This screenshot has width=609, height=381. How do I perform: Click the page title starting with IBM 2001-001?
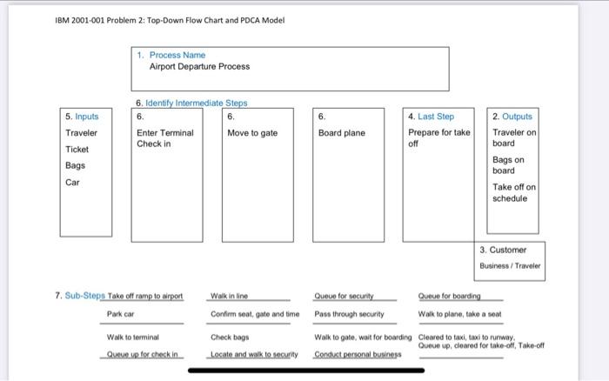pyautogui.click(x=169, y=20)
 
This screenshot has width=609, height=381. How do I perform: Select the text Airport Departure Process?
pyautogui.click(x=199, y=66)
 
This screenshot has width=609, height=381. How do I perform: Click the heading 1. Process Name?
pyautogui.click(x=177, y=55)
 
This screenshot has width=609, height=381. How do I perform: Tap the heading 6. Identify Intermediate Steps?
pyautogui.click(x=191, y=103)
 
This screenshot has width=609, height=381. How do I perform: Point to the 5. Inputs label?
pyautogui.click(x=82, y=116)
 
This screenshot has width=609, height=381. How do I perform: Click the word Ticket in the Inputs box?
pyautogui.click(x=78, y=149)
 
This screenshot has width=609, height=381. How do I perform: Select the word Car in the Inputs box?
pyautogui.click(x=73, y=182)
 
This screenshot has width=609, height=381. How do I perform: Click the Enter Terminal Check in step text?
pyautogui.click(x=164, y=137)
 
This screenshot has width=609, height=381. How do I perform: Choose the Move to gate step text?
pyautogui.click(x=252, y=132)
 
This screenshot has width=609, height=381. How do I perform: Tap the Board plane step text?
pyautogui.click(x=342, y=132)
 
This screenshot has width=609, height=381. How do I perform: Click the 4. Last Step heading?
pyautogui.click(x=431, y=116)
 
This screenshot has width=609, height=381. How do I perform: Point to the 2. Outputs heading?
pyautogui.click(x=512, y=116)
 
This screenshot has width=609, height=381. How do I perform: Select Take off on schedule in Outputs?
pyautogui.click(x=514, y=192)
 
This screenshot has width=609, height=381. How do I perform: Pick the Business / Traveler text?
pyautogui.click(x=510, y=265)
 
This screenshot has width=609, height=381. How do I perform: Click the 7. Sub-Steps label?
pyautogui.click(x=79, y=296)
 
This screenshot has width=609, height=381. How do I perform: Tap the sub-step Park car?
pyautogui.click(x=120, y=313)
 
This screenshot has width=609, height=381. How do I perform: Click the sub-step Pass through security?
pyautogui.click(x=349, y=313)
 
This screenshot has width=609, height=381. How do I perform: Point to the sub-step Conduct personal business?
pyautogui.click(x=358, y=354)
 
